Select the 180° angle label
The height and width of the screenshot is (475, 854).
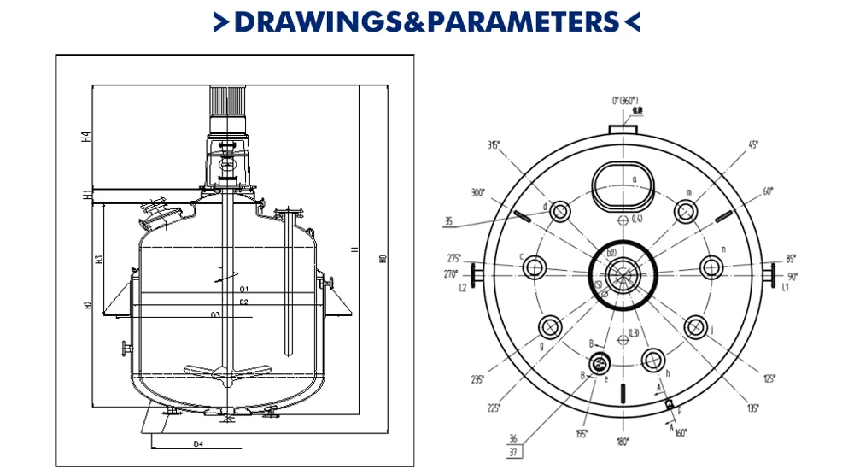tap(623, 442)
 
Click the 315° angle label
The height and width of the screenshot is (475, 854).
tap(494, 144)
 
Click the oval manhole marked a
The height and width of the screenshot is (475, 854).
tap(623, 184)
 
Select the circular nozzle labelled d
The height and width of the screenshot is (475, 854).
tap(561, 211)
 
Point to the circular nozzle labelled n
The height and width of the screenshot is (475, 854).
tap(711, 267)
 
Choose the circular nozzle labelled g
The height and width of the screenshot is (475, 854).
tap(548, 327)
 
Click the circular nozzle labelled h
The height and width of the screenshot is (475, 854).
tap(653, 361)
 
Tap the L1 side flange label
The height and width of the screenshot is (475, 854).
tap(784, 290)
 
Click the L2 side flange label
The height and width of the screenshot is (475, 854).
tap(463, 289)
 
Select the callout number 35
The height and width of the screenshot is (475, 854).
tap(449, 222)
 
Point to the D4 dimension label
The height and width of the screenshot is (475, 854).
tap(198, 444)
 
